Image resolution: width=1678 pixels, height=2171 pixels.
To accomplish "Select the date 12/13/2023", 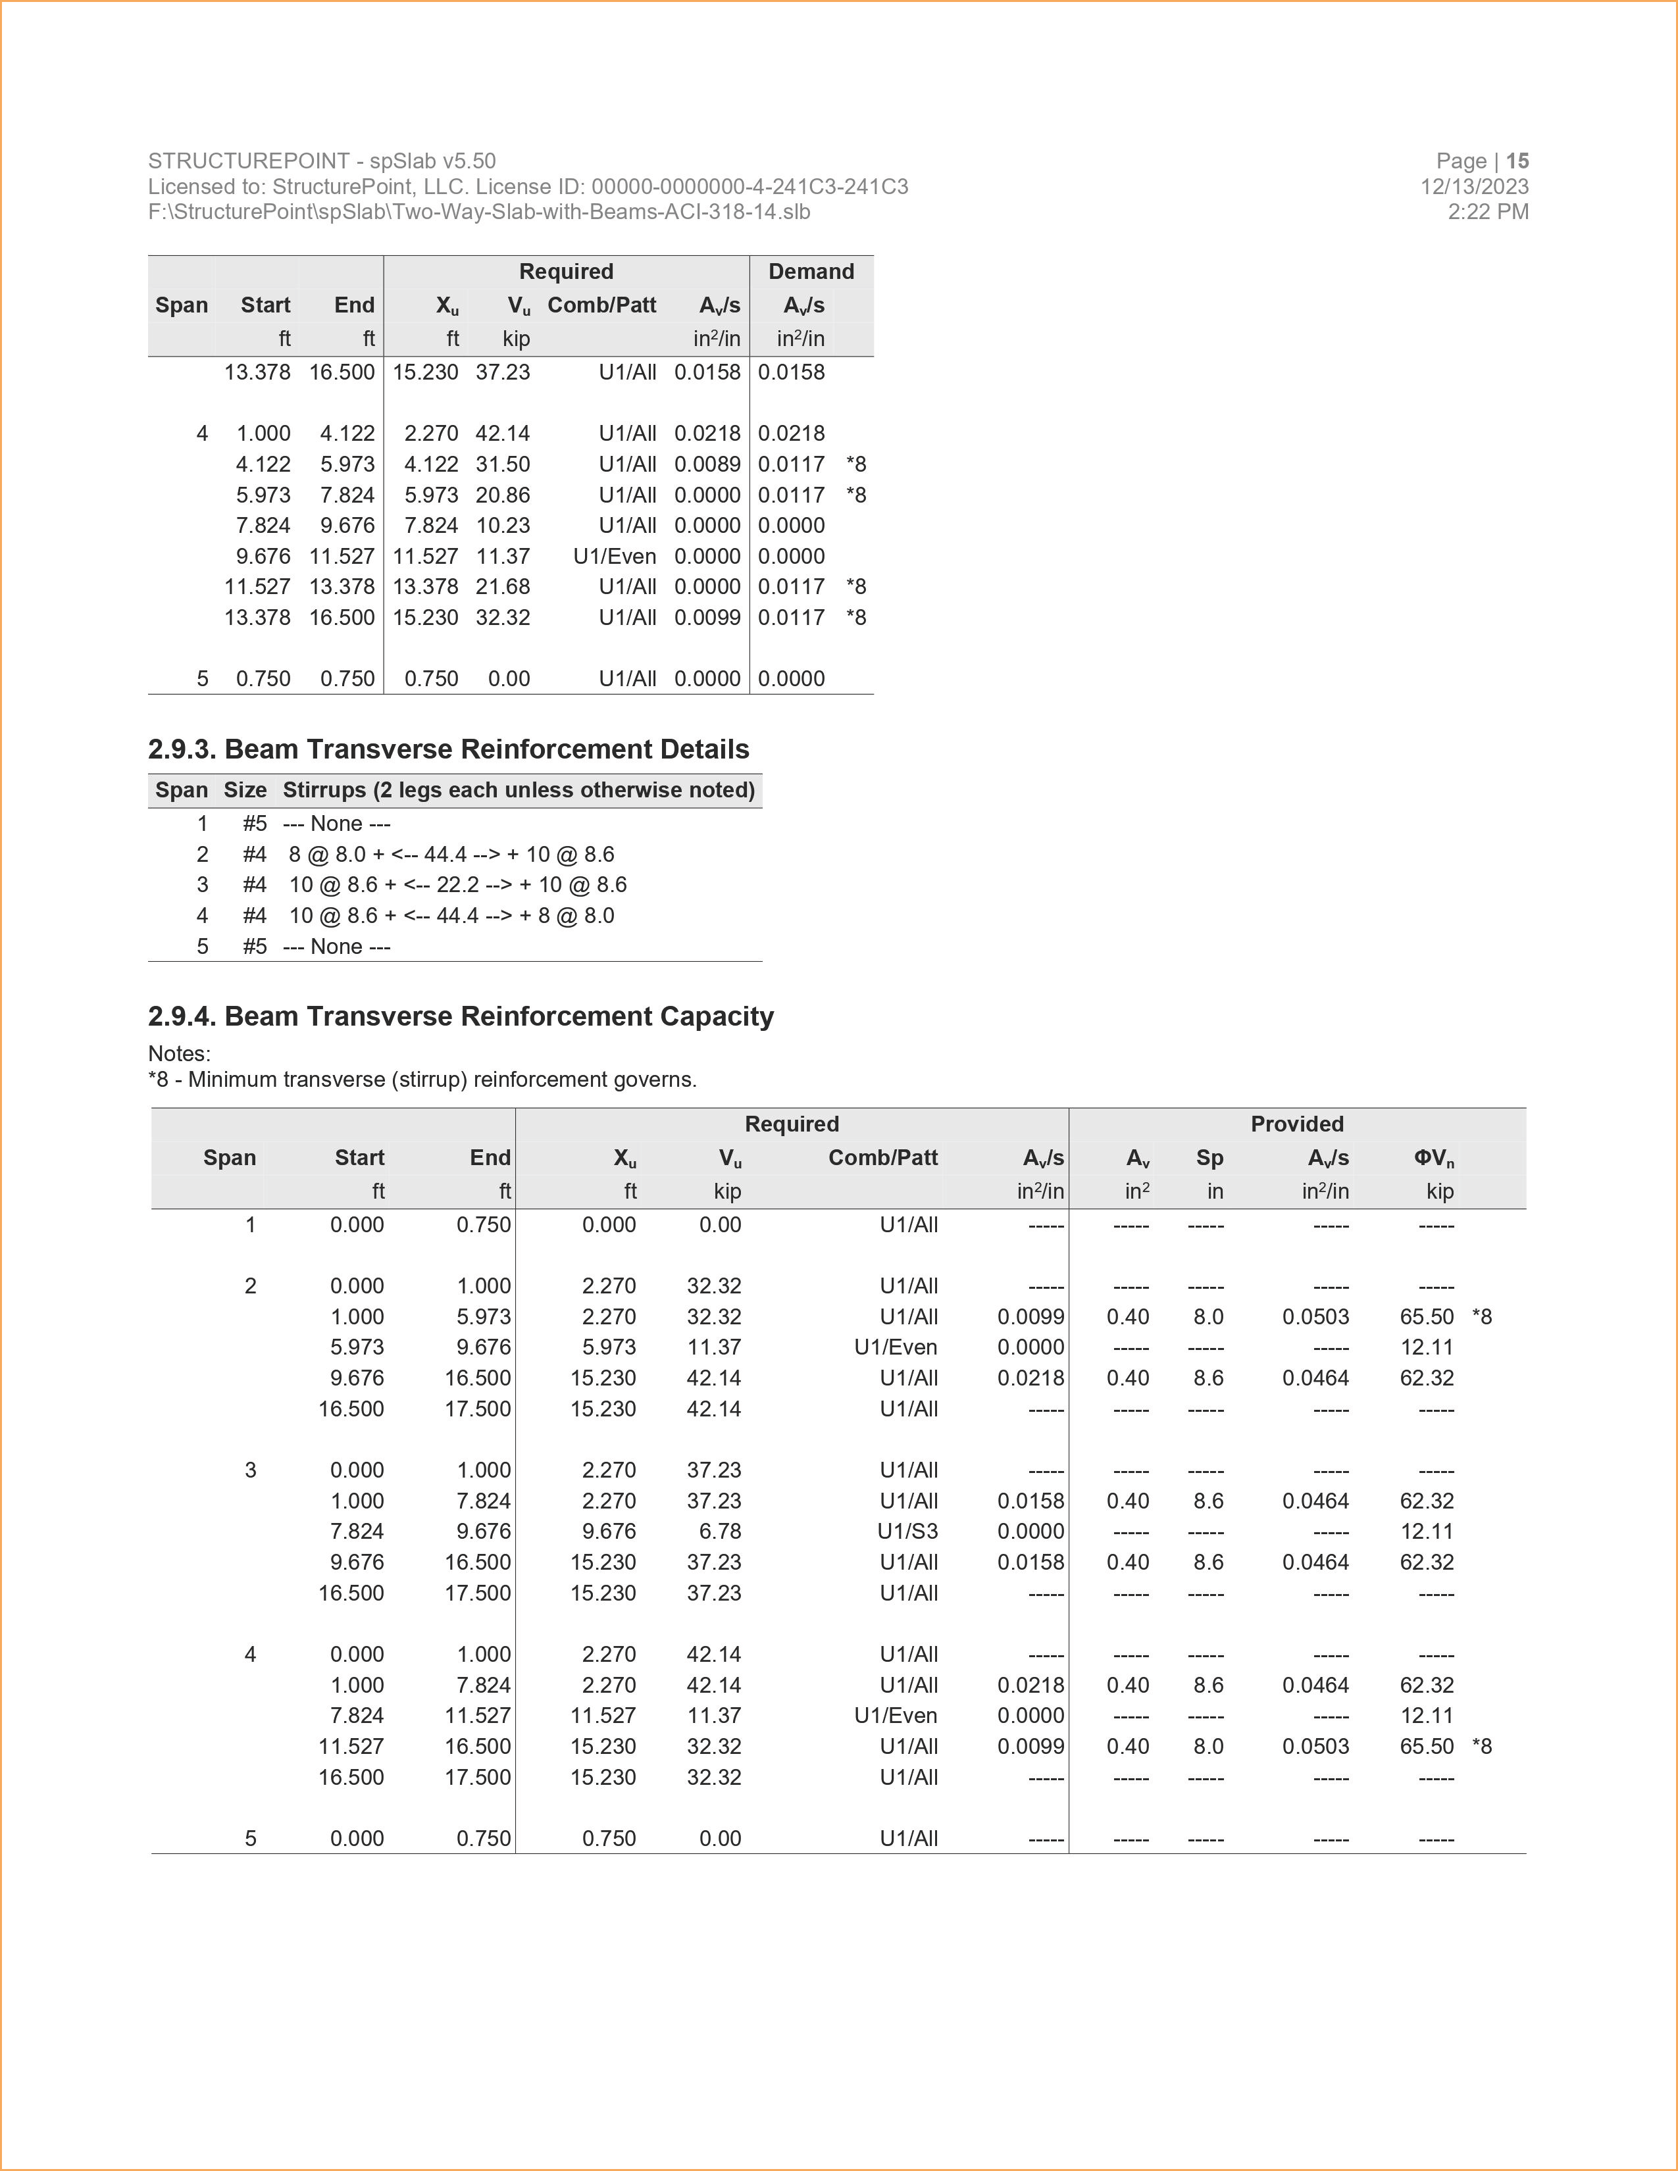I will tap(1474, 187).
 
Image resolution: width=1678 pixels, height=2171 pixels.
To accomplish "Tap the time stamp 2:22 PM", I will tap(1488, 212).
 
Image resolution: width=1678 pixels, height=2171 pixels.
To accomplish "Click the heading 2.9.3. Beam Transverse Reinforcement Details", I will tap(448, 749).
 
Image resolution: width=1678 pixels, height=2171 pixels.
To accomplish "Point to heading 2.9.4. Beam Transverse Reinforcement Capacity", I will tap(460, 1016).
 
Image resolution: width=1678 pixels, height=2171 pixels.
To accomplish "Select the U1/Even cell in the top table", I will tap(615, 557).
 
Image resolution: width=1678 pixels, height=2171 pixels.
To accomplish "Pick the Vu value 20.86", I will tap(502, 495).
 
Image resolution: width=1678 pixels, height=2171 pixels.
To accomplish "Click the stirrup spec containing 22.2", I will tap(457, 885).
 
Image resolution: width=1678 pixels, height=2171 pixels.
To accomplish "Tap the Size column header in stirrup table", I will tap(245, 790).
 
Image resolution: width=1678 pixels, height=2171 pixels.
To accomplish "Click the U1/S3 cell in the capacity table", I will tap(907, 1532).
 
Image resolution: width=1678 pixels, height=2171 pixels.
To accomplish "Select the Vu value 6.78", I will tap(720, 1532).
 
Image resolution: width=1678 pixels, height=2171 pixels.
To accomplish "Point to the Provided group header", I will tap(1296, 1124).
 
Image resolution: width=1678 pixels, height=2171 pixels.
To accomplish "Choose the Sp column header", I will tap(1209, 1158).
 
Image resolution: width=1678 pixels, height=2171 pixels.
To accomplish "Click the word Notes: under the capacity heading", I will tap(179, 1054).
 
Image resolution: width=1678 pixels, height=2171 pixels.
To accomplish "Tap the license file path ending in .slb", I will tap(479, 212).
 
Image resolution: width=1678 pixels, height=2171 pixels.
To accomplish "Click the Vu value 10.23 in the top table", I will tap(502, 526).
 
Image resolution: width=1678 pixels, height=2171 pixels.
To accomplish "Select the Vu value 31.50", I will tap(502, 464).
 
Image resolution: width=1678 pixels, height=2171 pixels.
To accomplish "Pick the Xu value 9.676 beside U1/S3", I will tap(609, 1532).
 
